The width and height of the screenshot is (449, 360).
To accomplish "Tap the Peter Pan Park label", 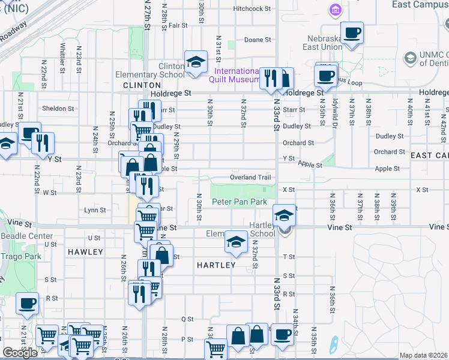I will click(239, 202).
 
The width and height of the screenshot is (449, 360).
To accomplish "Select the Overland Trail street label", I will click(251, 178).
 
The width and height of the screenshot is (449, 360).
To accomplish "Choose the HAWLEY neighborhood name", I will click(85, 252).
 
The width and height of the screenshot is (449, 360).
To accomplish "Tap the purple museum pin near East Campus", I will click(335, 10).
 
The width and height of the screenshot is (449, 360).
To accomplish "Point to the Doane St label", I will click(258, 40).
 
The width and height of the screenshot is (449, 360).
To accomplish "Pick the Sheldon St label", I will click(58, 109).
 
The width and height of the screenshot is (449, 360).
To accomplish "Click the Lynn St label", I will click(95, 210).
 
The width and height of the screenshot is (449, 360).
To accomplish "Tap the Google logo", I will click(20, 353).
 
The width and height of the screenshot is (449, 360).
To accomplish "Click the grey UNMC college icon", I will click(410, 58).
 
